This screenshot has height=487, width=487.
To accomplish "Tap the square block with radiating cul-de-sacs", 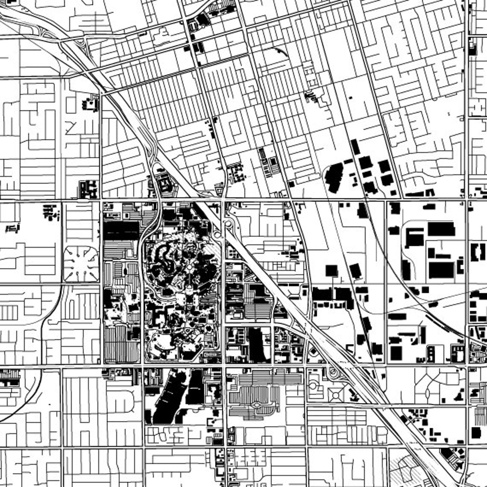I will tap(81, 264).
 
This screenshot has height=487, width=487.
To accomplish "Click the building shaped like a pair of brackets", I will tap(479, 252).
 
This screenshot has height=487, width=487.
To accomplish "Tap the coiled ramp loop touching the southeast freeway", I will tap(333, 373).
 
